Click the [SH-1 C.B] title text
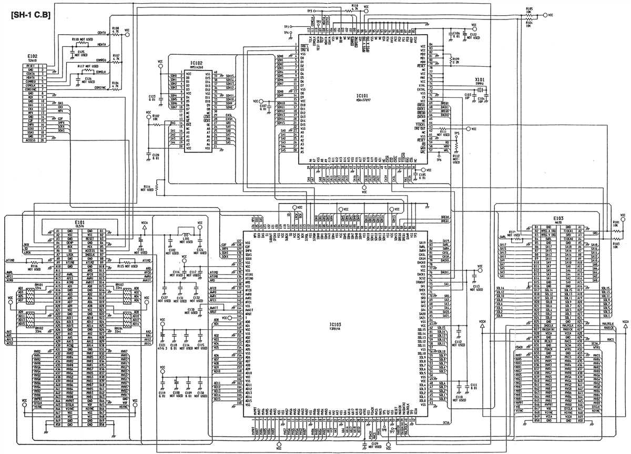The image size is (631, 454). (29, 16)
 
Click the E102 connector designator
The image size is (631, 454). (33, 56)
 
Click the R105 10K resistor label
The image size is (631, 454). (529, 9)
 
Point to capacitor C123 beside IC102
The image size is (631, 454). (152, 96)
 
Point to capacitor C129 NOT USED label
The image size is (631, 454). (374, 445)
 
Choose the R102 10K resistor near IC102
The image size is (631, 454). (156, 116)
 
